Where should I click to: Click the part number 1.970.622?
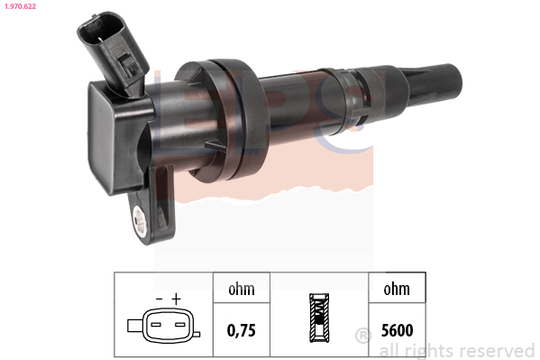(20, 6)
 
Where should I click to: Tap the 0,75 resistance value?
(242, 330)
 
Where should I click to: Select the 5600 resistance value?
(397, 330)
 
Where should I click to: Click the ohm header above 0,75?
(242, 289)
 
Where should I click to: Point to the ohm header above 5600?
(397, 289)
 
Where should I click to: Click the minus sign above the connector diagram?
(159, 299)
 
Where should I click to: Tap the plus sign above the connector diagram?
(177, 299)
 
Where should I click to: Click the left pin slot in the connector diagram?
(156, 325)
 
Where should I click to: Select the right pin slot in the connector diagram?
(180, 325)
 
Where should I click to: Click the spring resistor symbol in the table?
(319, 318)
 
